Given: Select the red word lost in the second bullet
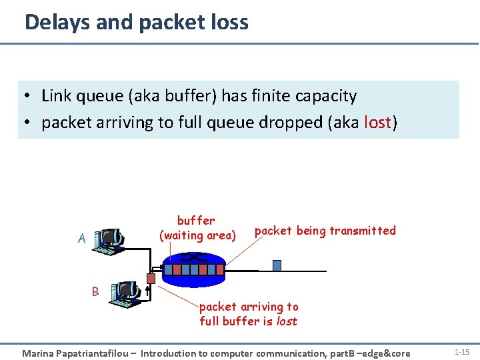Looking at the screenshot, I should tap(378, 123).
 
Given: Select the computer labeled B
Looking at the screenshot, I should tap(127, 293).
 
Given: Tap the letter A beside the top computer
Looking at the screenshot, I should tap(81, 238).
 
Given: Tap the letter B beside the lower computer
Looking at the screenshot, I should tap(95, 291).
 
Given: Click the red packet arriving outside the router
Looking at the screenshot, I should tap(151, 278).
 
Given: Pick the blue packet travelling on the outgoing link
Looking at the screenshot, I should tap(277, 265).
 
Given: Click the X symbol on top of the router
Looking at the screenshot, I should tap(197, 256).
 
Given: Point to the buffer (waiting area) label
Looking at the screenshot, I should tap(197, 227).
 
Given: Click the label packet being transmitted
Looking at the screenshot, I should tap(325, 231).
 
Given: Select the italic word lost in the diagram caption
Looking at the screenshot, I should tap(286, 321).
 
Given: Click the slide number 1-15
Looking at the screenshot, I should tap(461, 351).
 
